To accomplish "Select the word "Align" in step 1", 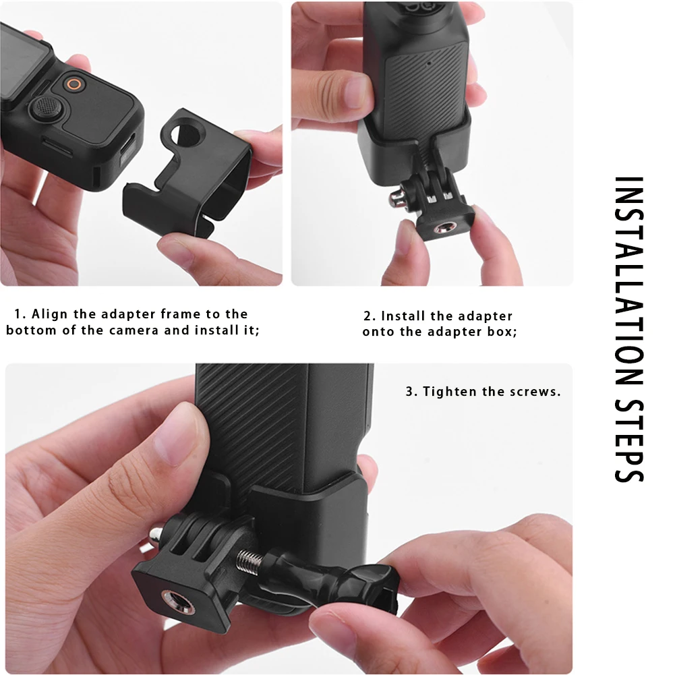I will pos(48,314).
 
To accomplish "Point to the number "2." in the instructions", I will pos(370,316).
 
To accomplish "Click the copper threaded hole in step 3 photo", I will pos(166,596).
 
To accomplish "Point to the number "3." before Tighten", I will pos(411,392).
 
